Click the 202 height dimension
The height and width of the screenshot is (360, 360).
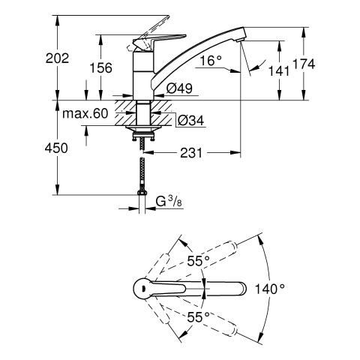point(57,58)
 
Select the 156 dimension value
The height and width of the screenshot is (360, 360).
point(101,67)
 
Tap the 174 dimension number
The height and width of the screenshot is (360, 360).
point(304,64)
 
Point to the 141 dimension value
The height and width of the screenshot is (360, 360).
point(279,70)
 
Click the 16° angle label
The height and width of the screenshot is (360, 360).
point(211,61)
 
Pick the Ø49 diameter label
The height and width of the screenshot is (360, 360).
point(179,88)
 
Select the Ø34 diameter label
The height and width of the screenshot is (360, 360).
point(190,120)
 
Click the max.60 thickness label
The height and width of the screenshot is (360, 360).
point(85,113)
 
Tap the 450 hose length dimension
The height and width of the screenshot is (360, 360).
point(56,148)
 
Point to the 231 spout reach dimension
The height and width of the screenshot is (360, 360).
point(191,153)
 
